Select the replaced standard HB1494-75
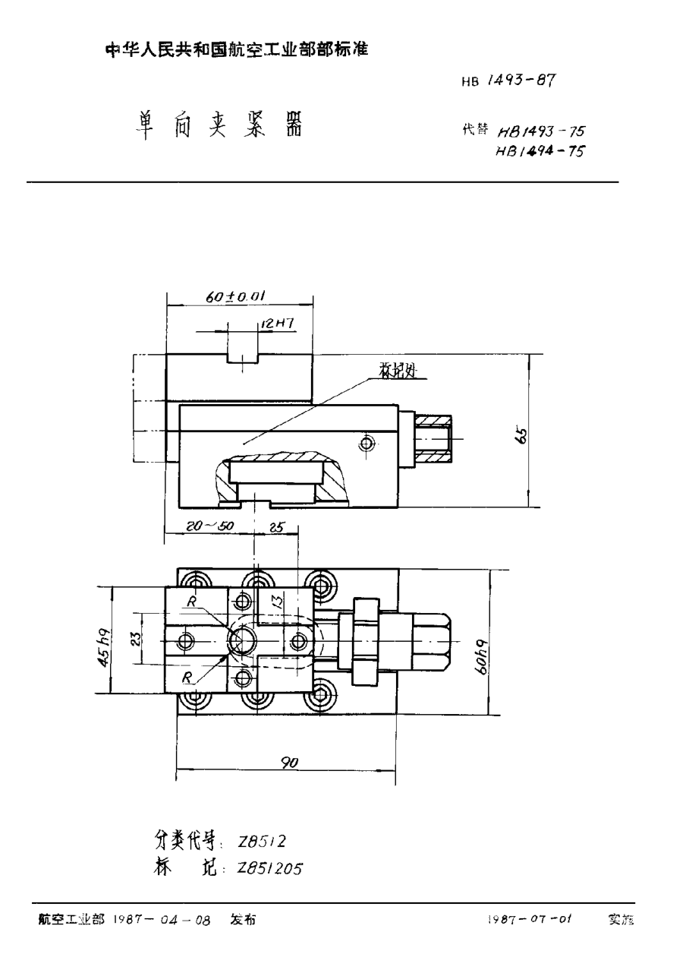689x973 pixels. click(540, 150)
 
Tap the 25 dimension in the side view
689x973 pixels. click(275, 525)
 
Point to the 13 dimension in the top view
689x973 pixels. click(280, 603)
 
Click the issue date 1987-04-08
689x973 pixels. click(161, 920)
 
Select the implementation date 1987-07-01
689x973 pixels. click(530, 920)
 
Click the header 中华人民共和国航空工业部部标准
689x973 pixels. click(236, 50)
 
